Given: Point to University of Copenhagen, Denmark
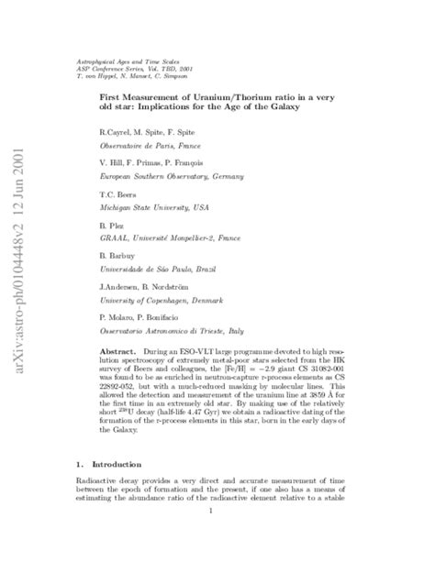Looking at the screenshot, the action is (x=158, y=298).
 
